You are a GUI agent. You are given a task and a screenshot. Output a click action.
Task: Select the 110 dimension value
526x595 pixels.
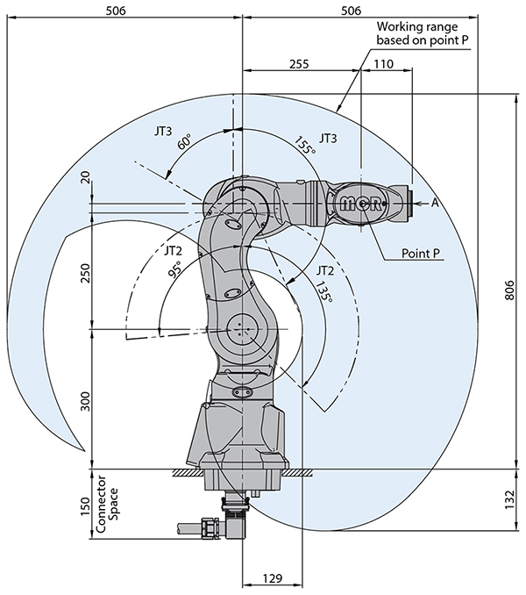click(382, 64)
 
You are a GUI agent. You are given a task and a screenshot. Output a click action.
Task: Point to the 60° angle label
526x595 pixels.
click(184, 142)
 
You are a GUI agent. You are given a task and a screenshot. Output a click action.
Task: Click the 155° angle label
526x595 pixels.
click(304, 145)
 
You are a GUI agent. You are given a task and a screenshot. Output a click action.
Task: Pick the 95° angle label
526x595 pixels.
click(174, 269)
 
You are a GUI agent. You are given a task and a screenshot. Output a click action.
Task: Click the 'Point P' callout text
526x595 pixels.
click(420, 253)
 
